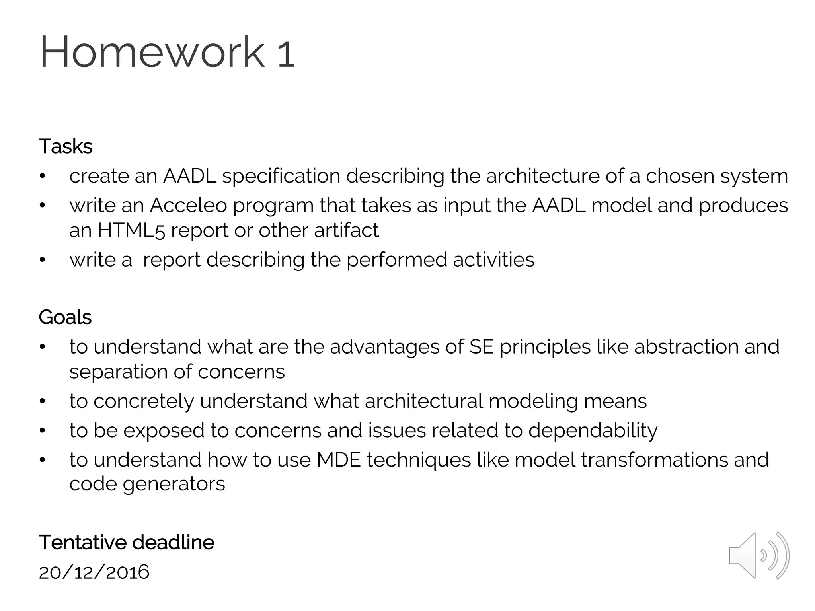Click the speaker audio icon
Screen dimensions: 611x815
(759, 555)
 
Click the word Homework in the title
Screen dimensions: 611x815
(152, 52)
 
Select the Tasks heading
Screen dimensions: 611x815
(66, 146)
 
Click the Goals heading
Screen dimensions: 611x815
(65, 317)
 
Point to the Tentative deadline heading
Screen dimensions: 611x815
(127, 543)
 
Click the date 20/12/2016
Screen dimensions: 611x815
(94, 572)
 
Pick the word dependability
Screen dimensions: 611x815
(593, 431)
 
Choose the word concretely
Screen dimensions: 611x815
(143, 401)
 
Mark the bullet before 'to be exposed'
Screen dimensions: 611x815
(43, 431)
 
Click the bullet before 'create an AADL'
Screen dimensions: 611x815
(43, 176)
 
